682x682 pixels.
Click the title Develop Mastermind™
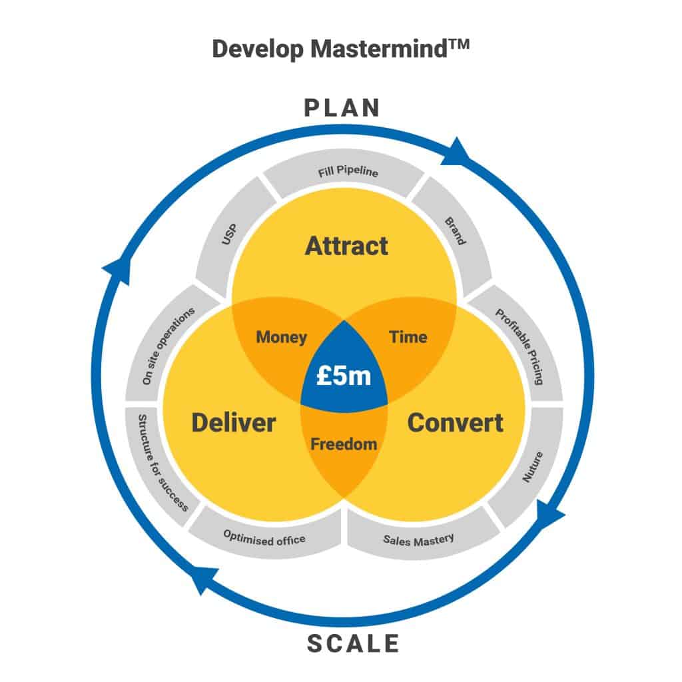click(x=341, y=50)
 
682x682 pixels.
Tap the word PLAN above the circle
click(x=342, y=108)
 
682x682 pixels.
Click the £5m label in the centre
click(x=344, y=376)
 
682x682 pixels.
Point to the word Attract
click(x=346, y=246)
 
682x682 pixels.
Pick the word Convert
click(x=455, y=422)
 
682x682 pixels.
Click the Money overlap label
click(x=281, y=337)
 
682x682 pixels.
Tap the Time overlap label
click(x=408, y=337)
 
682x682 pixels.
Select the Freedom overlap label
click(x=344, y=444)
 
